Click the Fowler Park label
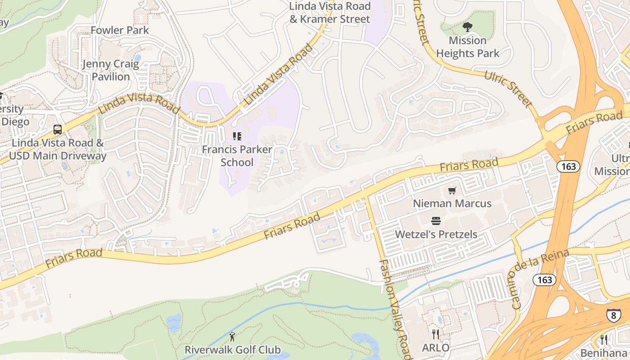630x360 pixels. tap(119, 30)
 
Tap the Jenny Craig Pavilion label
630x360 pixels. tap(111, 70)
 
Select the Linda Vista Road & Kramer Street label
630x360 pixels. tap(330, 13)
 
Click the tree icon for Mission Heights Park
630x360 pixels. tap(468, 27)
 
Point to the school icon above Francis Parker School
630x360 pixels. tap(237, 136)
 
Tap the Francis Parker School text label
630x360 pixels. tap(237, 156)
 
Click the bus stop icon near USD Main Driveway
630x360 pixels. tap(57, 130)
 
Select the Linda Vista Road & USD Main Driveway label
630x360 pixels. tap(58, 150)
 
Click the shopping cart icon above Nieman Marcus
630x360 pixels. tap(452, 191)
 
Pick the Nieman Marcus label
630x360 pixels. tap(452, 203)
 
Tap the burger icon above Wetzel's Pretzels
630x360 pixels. tap(436, 221)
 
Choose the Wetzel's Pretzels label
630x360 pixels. tap(436, 234)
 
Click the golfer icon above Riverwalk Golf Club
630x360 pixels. tap(232, 336)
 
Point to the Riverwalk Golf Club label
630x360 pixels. tap(232, 350)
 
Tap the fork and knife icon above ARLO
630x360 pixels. tap(435, 334)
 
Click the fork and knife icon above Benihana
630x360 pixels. tap(604, 339)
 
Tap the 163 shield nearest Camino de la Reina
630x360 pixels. tap(544, 280)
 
